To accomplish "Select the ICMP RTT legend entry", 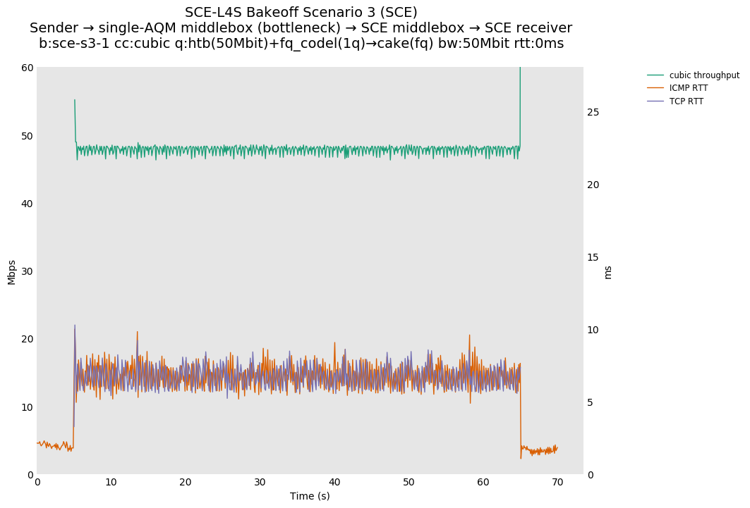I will [688, 88].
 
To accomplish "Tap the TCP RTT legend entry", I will [686, 101].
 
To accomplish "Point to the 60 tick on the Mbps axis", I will [27, 68].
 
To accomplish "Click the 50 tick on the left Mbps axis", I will [27, 135].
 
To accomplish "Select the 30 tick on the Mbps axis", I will [27, 271].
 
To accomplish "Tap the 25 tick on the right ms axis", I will [593, 112].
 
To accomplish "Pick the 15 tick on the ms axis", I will [593, 257].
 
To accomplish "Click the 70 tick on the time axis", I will [557, 483].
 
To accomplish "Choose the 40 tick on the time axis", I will [334, 483].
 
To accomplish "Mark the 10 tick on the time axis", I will [111, 483].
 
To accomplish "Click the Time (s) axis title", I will [310, 496].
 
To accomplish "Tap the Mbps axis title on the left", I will [12, 272].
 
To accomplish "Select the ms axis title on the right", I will [608, 272].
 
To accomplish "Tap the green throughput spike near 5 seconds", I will [75, 101].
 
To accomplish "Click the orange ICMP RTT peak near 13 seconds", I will [137, 332].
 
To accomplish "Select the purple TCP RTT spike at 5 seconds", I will [75, 326].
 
